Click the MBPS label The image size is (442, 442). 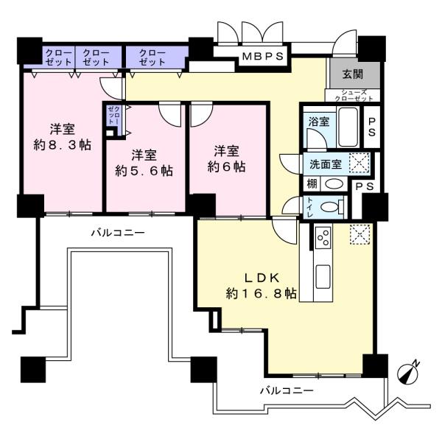pyautogui.click(x=263, y=57)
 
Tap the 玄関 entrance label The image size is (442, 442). pyautogui.click(x=353, y=74)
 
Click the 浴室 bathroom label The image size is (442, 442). pyautogui.click(x=319, y=122)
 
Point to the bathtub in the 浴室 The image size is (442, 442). pyautogui.click(x=348, y=127)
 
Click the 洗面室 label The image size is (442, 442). pyautogui.click(x=326, y=164)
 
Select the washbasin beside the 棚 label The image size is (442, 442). pyautogui.click(x=334, y=184)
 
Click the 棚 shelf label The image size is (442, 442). pyautogui.click(x=312, y=184)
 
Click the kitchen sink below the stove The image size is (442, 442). pyautogui.click(x=323, y=276)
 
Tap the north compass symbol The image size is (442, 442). pyautogui.click(x=407, y=372)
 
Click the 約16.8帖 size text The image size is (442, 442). pyautogui.click(x=261, y=294)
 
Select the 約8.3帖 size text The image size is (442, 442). pyautogui.click(x=63, y=145)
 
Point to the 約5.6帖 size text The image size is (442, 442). pyautogui.click(x=144, y=171)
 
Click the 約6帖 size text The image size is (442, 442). pyautogui.click(x=226, y=166)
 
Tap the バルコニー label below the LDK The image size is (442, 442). pyautogui.click(x=287, y=390)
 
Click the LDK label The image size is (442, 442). pyautogui.click(x=262, y=278)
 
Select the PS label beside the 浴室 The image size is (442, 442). pyautogui.click(x=372, y=127)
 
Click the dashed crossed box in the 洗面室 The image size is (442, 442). pyautogui.click(x=359, y=163)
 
